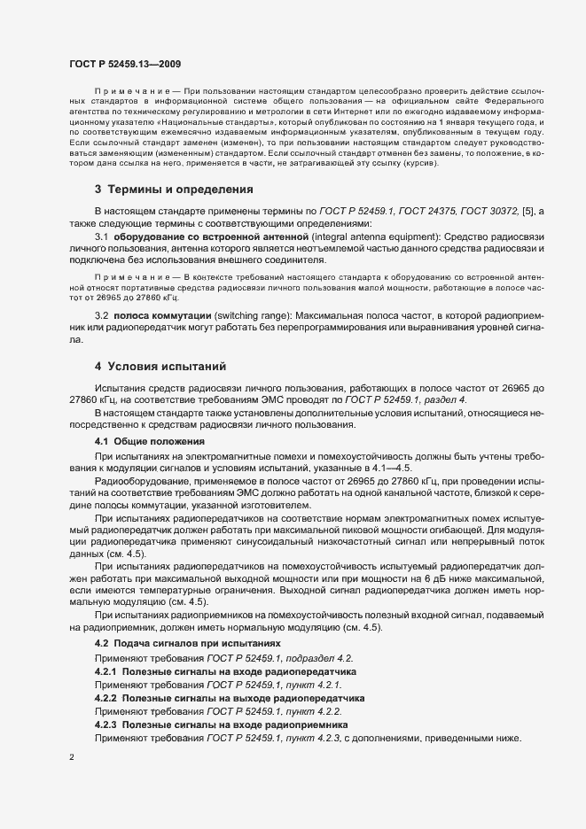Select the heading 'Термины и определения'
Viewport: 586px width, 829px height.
181,189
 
